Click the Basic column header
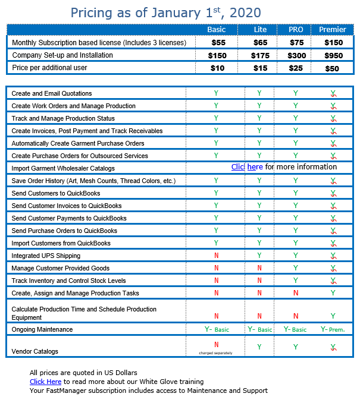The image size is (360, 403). click(x=216, y=30)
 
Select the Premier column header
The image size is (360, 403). click(x=333, y=30)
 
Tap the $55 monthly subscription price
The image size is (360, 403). click(x=220, y=43)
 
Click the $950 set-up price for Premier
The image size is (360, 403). click(x=333, y=55)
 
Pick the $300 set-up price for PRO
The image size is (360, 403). click(x=296, y=55)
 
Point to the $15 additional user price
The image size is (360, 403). click(x=260, y=68)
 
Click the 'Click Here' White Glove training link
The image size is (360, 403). click(x=45, y=382)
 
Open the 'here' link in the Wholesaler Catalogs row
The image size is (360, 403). click(x=255, y=167)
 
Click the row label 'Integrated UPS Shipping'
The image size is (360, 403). click(x=46, y=256)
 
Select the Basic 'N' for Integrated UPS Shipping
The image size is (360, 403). click(x=216, y=256)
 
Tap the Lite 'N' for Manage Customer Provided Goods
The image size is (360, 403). click(x=259, y=268)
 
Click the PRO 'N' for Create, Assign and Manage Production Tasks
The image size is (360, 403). click(x=296, y=293)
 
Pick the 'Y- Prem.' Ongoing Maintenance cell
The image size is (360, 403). click(x=333, y=329)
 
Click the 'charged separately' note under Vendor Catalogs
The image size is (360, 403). click(x=216, y=353)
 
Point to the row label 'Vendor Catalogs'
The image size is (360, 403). click(x=35, y=351)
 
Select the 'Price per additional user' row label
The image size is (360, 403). click(x=49, y=68)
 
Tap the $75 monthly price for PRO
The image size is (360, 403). click(x=296, y=43)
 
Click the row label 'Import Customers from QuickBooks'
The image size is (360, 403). click(x=61, y=243)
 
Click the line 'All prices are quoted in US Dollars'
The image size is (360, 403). click(x=83, y=373)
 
